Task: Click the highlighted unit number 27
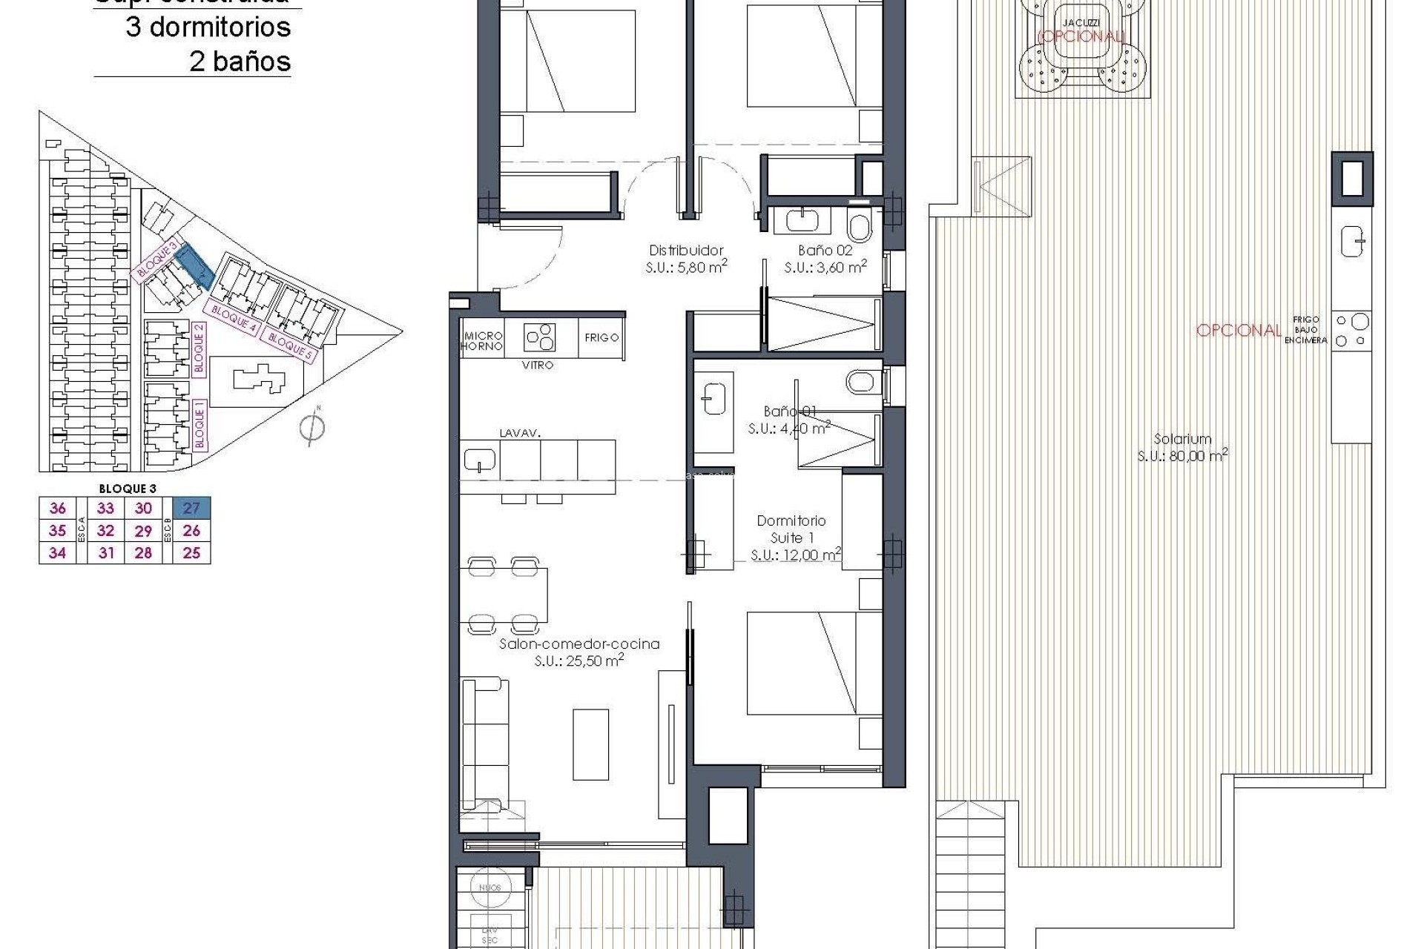pyautogui.click(x=191, y=508)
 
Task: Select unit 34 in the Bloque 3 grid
pyautogui.click(x=57, y=552)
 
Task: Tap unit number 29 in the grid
pyautogui.click(x=143, y=531)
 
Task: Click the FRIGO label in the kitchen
pyautogui.click(x=601, y=337)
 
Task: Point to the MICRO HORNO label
pyautogui.click(x=482, y=341)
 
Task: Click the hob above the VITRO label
pyautogui.click(x=540, y=337)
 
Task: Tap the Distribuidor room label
pyautogui.click(x=686, y=251)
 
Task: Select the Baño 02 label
pyautogui.click(x=825, y=251)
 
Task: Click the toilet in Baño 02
pyautogui.click(x=860, y=225)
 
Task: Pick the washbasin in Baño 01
pyautogui.click(x=713, y=398)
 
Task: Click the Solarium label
pyautogui.click(x=1182, y=439)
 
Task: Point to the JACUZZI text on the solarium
pyautogui.click(x=1080, y=23)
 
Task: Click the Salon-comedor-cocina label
pyautogui.click(x=579, y=644)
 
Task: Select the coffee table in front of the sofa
pyautogui.click(x=591, y=744)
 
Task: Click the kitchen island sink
pyautogui.click(x=479, y=460)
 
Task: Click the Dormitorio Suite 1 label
pyautogui.click(x=791, y=529)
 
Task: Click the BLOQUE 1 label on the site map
pyautogui.click(x=199, y=423)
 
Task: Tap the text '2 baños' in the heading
pyautogui.click(x=240, y=61)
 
